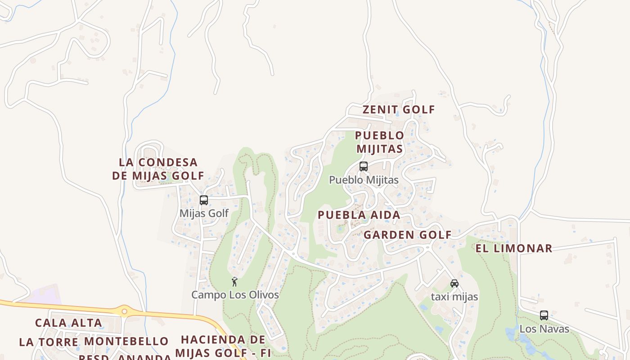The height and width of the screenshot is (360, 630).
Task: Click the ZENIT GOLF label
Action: (399, 109)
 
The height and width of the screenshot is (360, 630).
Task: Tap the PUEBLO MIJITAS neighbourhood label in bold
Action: (379, 142)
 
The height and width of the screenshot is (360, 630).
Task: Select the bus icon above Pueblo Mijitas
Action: (364, 166)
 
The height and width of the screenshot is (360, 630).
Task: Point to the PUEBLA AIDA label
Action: (359, 215)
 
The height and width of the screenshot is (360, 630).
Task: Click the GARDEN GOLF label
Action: (407, 235)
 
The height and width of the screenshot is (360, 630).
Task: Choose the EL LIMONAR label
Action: (513, 248)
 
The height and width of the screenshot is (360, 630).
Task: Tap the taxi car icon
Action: (454, 283)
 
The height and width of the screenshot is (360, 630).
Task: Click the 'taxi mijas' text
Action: (454, 297)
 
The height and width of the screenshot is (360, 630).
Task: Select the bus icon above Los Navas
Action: (544, 315)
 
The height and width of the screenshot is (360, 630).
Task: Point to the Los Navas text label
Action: (544, 329)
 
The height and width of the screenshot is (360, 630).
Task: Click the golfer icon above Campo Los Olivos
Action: (234, 282)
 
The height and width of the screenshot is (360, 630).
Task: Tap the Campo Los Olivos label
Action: (235, 295)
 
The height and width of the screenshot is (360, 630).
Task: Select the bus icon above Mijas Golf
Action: (204, 200)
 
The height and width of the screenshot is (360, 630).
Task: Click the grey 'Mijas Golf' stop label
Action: (204, 213)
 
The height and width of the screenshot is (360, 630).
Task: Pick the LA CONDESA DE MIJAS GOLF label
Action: (158, 169)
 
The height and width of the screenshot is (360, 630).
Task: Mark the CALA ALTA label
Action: (68, 323)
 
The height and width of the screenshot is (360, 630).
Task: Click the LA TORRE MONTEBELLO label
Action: (94, 342)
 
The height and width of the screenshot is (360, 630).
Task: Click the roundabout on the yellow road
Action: (124, 310)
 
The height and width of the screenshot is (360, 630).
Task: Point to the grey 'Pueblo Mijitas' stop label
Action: (364, 180)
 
